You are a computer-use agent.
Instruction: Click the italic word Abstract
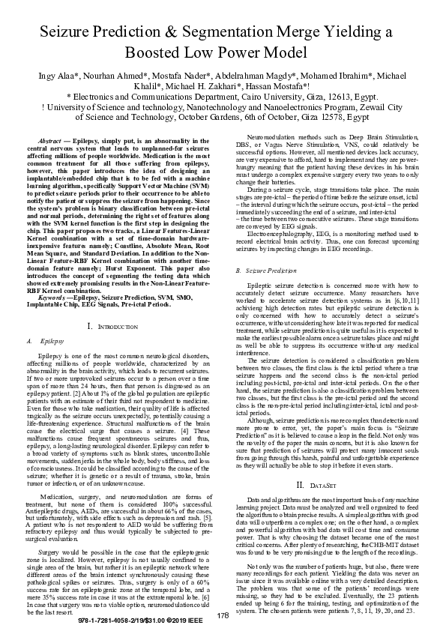tap(49, 141)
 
